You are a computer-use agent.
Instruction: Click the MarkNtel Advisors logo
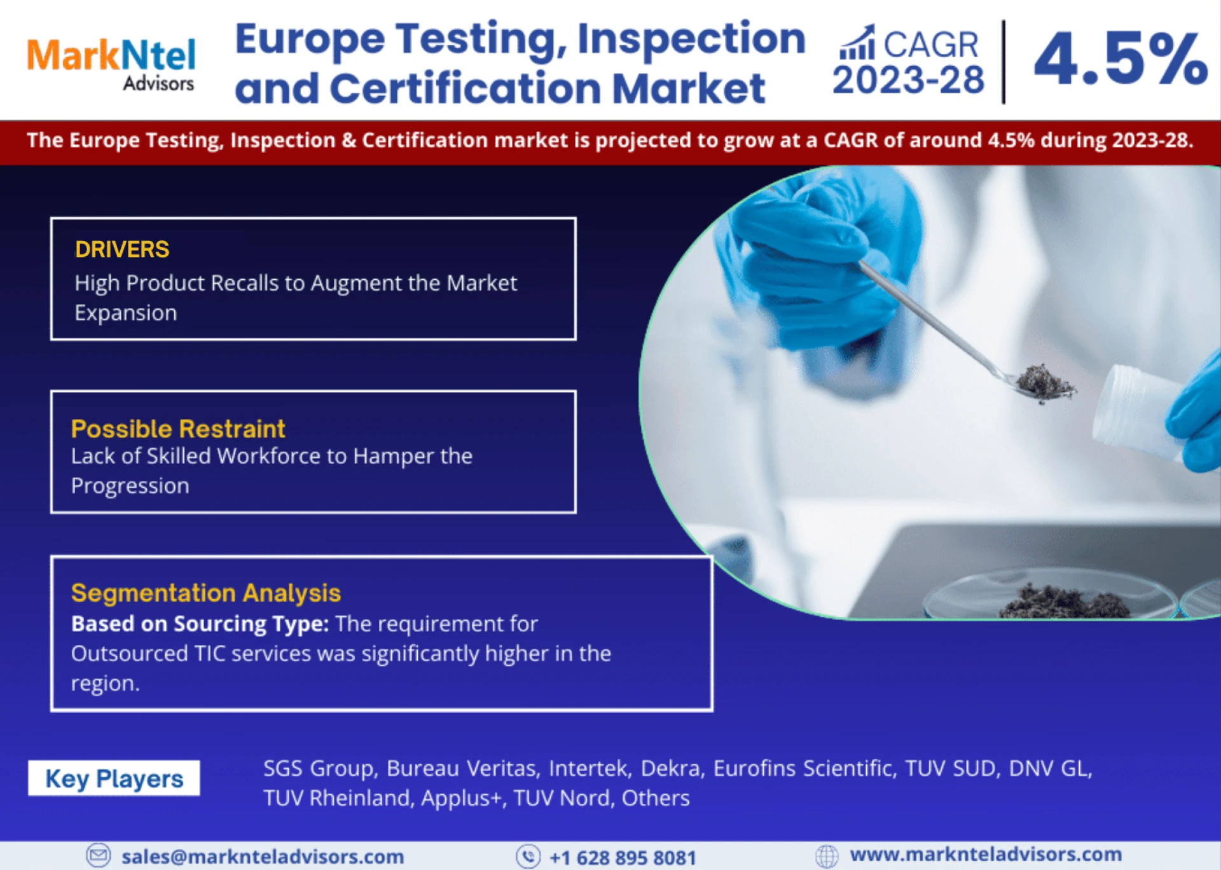111,64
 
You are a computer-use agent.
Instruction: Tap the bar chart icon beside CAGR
857,43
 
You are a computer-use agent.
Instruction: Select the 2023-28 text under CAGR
908,81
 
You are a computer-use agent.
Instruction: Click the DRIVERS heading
122,249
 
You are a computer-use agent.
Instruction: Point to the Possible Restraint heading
178,429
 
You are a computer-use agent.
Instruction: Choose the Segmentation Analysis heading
206,593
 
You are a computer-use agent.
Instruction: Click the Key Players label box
114,778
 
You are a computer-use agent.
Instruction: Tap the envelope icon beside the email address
99,855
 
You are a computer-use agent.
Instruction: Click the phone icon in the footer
528,857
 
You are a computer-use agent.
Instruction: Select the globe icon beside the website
827,856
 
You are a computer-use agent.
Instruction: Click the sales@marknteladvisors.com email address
263,857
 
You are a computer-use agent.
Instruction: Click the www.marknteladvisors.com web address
986,854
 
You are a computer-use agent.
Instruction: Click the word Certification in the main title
466,88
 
